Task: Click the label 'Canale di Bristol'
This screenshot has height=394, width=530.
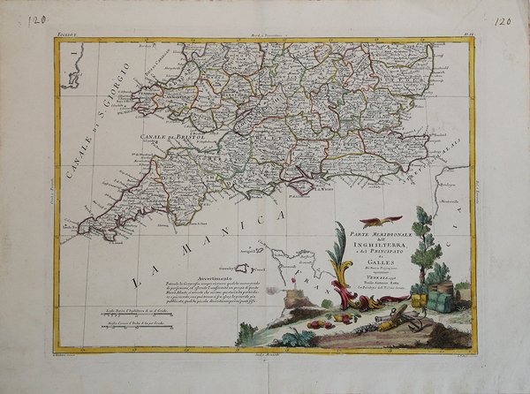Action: pos(166,138)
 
